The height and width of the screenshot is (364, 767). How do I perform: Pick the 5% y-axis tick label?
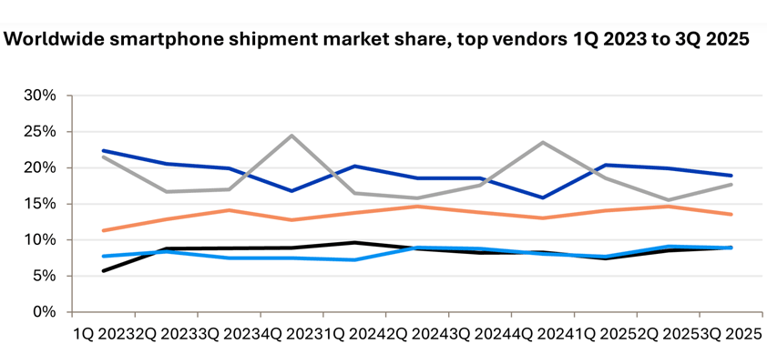pos(46,276)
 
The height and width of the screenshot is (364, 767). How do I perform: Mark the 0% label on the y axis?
pos(46,312)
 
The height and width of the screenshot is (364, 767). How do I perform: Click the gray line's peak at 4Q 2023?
pos(291,136)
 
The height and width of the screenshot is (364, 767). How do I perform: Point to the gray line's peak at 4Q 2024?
pos(543,142)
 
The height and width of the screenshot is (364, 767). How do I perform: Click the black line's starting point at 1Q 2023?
pos(103,270)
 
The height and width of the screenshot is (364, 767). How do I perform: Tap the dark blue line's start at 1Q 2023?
pos(103,151)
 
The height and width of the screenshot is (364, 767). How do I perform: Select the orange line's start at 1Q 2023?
pos(103,230)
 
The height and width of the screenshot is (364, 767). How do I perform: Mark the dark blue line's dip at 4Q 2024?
pos(543,197)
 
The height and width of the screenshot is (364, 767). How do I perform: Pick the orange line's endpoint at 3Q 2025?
pos(731,214)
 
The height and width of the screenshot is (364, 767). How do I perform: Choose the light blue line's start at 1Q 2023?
pos(103,256)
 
